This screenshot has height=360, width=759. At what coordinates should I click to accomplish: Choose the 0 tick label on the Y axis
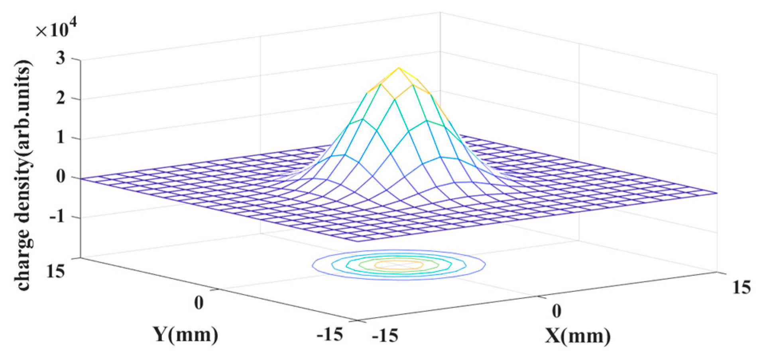[199, 303]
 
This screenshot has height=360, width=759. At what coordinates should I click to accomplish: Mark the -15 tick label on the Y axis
[329, 334]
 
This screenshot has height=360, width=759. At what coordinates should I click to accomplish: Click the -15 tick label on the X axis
[385, 336]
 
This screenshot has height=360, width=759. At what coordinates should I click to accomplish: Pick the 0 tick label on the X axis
[556, 311]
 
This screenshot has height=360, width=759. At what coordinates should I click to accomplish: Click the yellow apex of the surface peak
[399, 68]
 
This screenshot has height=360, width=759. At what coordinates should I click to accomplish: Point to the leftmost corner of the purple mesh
[81, 178]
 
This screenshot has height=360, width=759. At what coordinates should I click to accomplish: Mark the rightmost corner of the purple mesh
[717, 193]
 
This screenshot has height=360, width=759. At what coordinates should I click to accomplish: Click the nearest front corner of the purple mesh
[357, 241]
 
